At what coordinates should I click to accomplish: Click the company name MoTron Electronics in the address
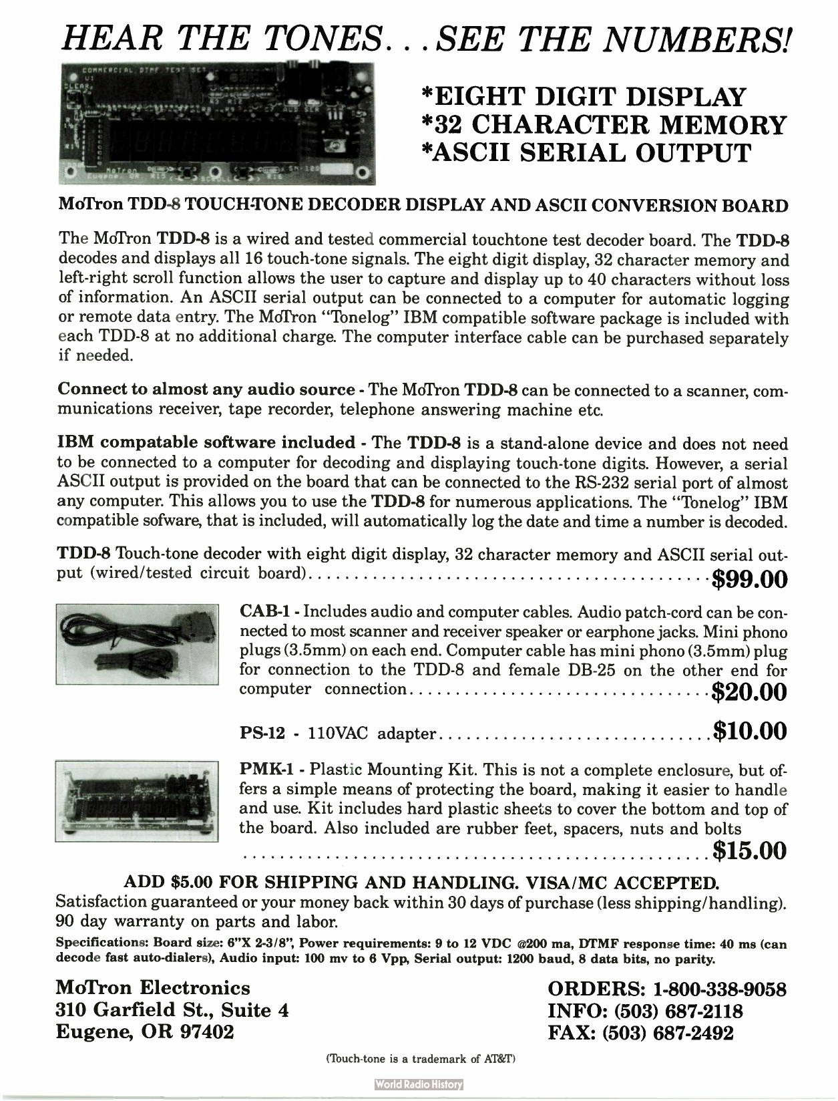tap(154, 988)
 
